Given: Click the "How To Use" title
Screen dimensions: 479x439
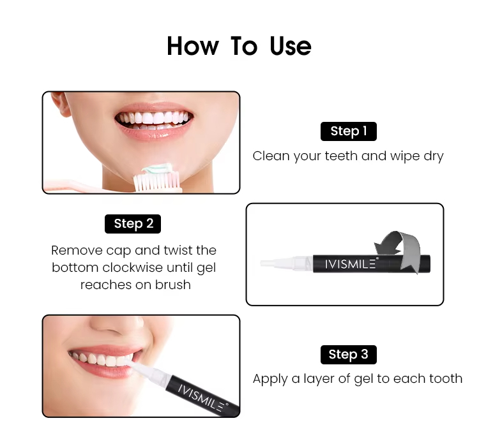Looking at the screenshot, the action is click(240, 46).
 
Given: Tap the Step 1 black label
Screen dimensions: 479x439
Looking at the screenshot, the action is click(349, 131).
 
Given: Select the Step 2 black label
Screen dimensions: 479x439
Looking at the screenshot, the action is click(133, 224).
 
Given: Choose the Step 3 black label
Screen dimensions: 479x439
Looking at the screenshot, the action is click(349, 354).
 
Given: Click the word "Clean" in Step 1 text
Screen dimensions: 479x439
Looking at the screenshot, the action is click(271, 156).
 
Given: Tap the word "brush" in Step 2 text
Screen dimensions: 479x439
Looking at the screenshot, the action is click(173, 285).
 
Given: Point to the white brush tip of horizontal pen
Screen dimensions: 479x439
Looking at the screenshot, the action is click(277, 263).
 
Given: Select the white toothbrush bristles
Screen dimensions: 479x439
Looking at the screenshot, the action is click(156, 181).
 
